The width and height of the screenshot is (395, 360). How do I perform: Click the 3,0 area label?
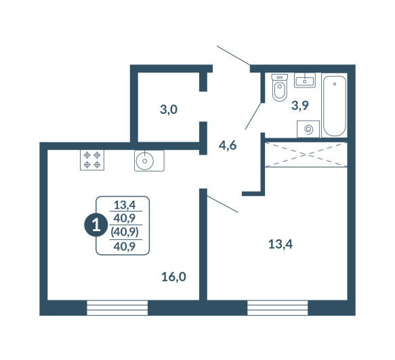click(169, 110)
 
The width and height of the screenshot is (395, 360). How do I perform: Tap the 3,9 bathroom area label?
click(300, 105)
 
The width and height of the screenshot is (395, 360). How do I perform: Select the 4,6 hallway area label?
click(228, 146)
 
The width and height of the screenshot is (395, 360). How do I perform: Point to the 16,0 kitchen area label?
click(173, 277)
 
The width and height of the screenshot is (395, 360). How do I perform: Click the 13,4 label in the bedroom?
click(280, 244)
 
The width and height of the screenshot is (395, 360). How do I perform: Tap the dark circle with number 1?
click(96, 225)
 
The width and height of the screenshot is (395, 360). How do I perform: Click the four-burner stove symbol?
click(92, 160)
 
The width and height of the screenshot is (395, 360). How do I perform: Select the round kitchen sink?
click(149, 161)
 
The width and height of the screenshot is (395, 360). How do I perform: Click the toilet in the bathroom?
click(279, 87)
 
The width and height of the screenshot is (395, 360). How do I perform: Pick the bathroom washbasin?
click(305, 80)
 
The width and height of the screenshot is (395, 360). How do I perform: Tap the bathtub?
click(334, 106)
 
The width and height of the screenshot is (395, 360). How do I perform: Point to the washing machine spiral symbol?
click(308, 129)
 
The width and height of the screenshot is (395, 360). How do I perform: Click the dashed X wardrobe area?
click(306, 155)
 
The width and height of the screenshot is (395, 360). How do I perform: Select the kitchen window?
click(117, 308)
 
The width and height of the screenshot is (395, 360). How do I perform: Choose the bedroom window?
click(278, 308)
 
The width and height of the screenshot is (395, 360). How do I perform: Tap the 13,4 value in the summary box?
click(125, 205)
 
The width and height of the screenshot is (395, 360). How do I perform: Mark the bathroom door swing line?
click(253, 116)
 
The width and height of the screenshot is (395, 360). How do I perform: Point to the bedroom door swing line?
click(223, 204)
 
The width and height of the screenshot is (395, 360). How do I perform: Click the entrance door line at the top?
click(233, 56)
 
